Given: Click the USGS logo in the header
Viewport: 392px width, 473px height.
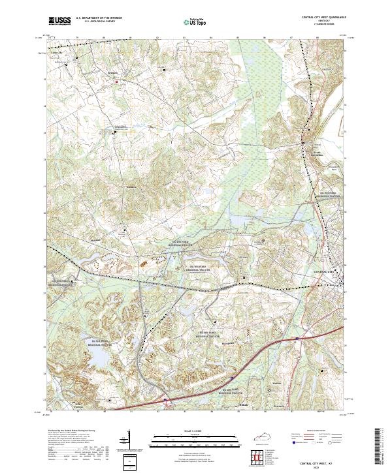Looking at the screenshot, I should [x=59, y=21].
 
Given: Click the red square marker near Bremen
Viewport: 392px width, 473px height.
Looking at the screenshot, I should [x=117, y=82].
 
